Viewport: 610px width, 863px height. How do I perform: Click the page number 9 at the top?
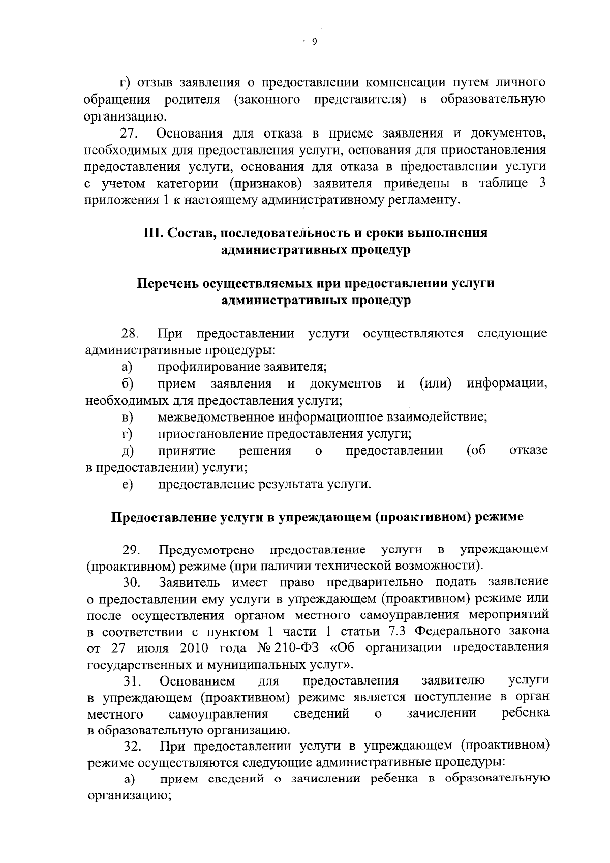pyautogui.click(x=314, y=43)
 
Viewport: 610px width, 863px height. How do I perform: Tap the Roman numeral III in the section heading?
pyautogui.click(x=152, y=233)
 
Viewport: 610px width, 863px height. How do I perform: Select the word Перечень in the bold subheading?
pyautogui.click(x=167, y=284)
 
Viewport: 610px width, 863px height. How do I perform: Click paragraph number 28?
pyautogui.click(x=130, y=334)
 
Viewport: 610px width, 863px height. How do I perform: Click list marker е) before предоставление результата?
pyautogui.click(x=127, y=485)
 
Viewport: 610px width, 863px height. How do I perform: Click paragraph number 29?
pyautogui.click(x=131, y=550)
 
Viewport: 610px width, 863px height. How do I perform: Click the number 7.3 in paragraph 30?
pyautogui.click(x=399, y=631)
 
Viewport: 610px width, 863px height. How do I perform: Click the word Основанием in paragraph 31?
pyautogui.click(x=198, y=681)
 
